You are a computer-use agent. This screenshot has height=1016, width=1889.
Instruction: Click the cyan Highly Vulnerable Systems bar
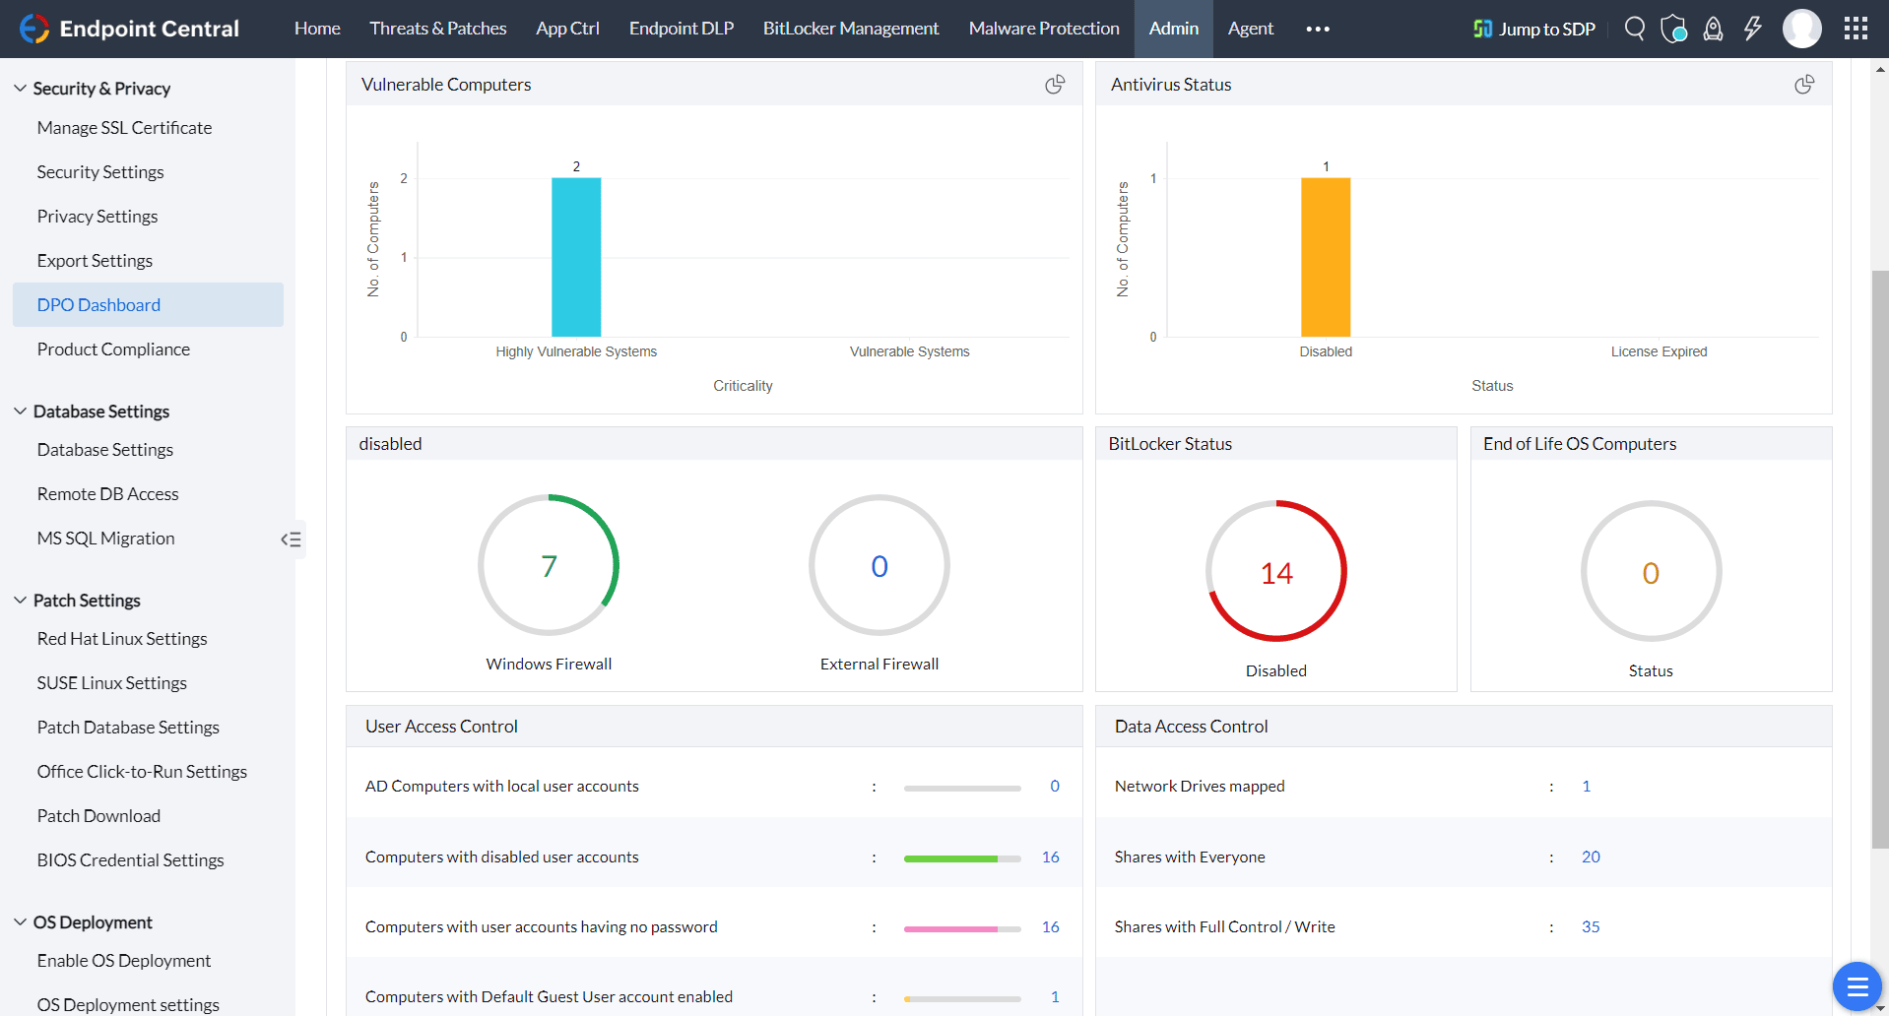pos(576,257)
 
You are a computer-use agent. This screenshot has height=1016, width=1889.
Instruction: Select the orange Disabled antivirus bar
pos(1325,257)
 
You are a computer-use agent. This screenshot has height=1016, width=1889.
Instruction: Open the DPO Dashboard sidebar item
pos(98,305)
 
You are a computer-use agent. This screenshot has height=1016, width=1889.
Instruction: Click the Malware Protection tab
pos(1043,29)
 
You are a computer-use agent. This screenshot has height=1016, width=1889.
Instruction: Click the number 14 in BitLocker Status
pos(1275,573)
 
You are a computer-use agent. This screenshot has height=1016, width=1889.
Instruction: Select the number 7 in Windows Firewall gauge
pos(549,566)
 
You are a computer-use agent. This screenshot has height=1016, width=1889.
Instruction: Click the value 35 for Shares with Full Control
pos(1590,926)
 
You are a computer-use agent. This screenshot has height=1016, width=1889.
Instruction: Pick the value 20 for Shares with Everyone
pos(1590,857)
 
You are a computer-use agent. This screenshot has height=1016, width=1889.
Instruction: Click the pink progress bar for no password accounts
pos(951,928)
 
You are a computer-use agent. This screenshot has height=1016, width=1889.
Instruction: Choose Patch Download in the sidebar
pos(98,816)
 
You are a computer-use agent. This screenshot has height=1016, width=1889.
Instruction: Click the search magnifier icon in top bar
pos(1634,29)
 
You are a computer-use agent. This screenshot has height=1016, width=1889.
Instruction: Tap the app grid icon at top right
pos(1856,29)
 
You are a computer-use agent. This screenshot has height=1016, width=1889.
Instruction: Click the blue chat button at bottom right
pos(1856,985)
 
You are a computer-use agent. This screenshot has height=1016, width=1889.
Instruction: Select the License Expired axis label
pos(1659,351)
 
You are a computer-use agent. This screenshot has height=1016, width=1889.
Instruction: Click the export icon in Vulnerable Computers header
pos(1055,85)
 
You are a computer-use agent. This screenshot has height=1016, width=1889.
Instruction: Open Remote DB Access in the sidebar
pos(107,494)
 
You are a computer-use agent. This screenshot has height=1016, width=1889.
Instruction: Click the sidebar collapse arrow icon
pos(291,540)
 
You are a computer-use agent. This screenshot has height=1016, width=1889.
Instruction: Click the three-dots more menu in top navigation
pos(1318,29)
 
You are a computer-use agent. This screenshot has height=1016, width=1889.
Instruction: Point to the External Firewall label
pos(879,664)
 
